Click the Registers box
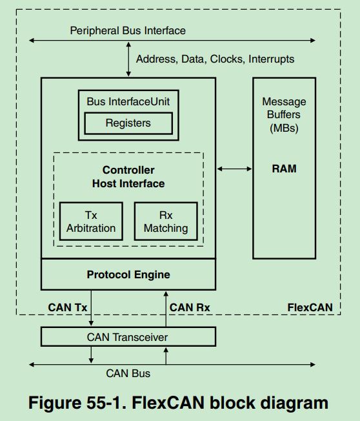point(128,123)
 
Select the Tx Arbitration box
point(91,221)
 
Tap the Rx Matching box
point(166,221)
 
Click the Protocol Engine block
point(128,274)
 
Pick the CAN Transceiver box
point(128,336)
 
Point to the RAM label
point(284,169)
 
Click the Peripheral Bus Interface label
point(127,30)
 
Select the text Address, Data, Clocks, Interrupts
point(215,59)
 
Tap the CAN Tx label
point(68,307)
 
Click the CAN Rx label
point(190,307)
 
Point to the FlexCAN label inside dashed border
point(310,307)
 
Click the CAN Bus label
point(128,373)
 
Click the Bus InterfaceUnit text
point(128,101)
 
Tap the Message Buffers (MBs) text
point(284,114)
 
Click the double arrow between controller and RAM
point(234,169)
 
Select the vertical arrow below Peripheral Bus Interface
point(128,59)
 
